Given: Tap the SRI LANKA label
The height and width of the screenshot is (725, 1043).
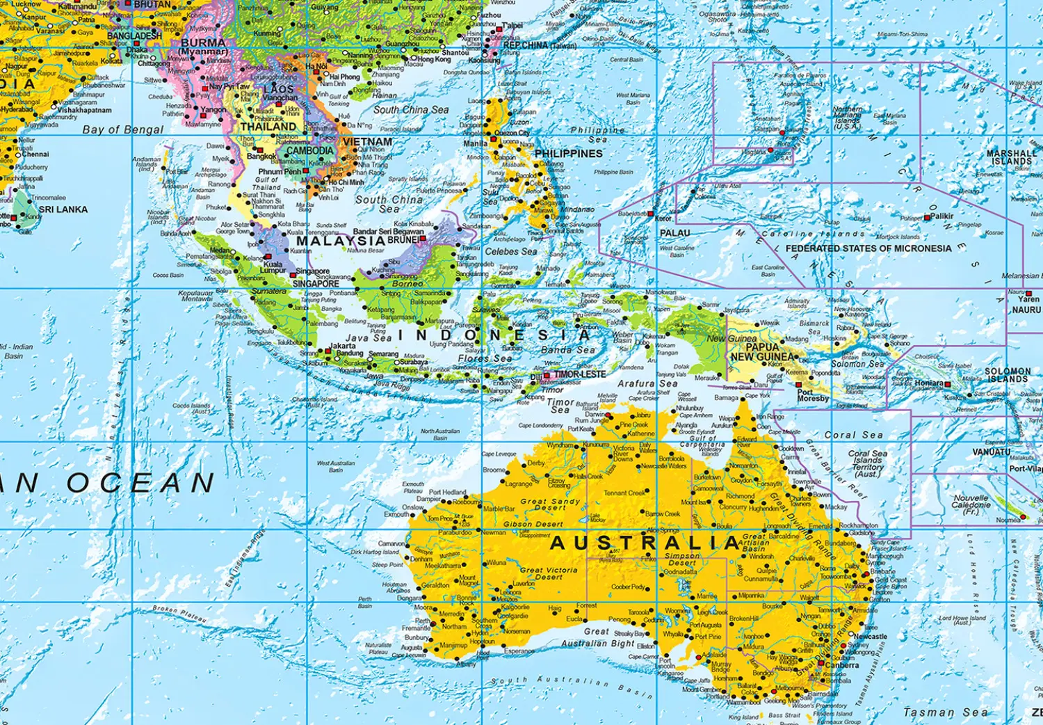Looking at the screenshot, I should [63, 209].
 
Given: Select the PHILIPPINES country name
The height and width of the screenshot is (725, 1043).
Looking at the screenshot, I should [568, 154].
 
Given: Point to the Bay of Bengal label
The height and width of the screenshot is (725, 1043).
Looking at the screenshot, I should [123, 129].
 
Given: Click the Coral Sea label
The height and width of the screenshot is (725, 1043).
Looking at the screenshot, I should [853, 435].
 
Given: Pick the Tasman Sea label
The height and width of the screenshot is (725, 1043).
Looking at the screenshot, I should [945, 712].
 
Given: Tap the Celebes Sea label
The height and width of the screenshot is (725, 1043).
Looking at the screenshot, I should [510, 251].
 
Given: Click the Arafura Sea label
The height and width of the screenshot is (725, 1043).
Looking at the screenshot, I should [647, 383].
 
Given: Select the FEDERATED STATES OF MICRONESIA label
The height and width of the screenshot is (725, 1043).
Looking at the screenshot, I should [868, 248].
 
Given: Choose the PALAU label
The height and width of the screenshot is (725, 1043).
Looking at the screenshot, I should [674, 233].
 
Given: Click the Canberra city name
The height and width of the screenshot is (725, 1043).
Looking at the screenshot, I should [842, 665].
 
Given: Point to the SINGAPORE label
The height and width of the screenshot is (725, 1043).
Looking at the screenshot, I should [316, 284].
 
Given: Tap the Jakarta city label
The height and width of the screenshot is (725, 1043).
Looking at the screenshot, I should [342, 346].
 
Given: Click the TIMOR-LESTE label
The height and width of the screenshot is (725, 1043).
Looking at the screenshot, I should [579, 374].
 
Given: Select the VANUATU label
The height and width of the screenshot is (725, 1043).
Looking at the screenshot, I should [991, 452].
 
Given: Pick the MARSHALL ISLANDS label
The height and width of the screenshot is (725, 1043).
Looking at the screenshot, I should [1011, 157].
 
